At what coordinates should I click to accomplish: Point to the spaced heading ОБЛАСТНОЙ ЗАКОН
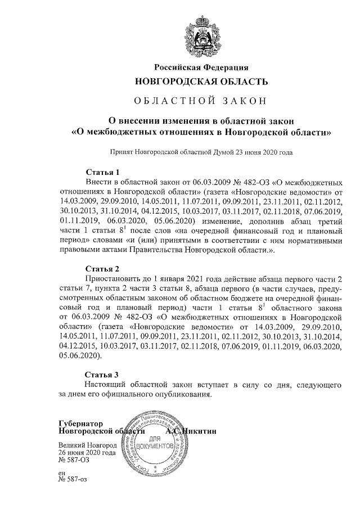[x=201, y=101]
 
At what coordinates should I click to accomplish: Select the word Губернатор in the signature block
[x=81, y=423]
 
